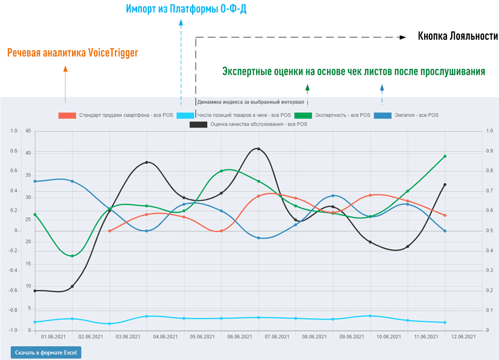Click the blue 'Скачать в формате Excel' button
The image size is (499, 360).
click(46, 353)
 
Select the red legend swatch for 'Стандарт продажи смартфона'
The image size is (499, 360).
click(67, 115)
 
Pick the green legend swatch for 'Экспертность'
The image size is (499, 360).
click(303, 115)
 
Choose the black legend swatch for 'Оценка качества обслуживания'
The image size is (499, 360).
click(199, 125)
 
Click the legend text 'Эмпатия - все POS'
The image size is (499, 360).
click(416, 115)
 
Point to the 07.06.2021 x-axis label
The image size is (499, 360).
click(273, 337)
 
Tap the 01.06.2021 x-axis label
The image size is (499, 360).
click(53, 337)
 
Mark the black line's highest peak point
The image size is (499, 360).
click(259, 149)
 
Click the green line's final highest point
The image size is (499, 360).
click(445, 156)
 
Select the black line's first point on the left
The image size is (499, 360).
click(35, 291)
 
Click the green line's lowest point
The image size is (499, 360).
click(72, 256)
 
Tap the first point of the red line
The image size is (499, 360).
click(109, 231)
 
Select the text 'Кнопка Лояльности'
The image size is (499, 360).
click(458, 36)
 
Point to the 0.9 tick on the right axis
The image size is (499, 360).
click(489, 151)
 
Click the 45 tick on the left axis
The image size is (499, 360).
click(28, 131)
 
